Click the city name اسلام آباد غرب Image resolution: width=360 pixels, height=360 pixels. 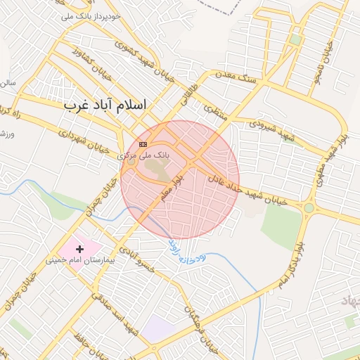pyautogui.click(x=105, y=105)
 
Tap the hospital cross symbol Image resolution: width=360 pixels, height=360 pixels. pyautogui.click(x=79, y=248)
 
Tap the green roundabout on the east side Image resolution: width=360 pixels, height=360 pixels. pyautogui.click(x=309, y=207)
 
